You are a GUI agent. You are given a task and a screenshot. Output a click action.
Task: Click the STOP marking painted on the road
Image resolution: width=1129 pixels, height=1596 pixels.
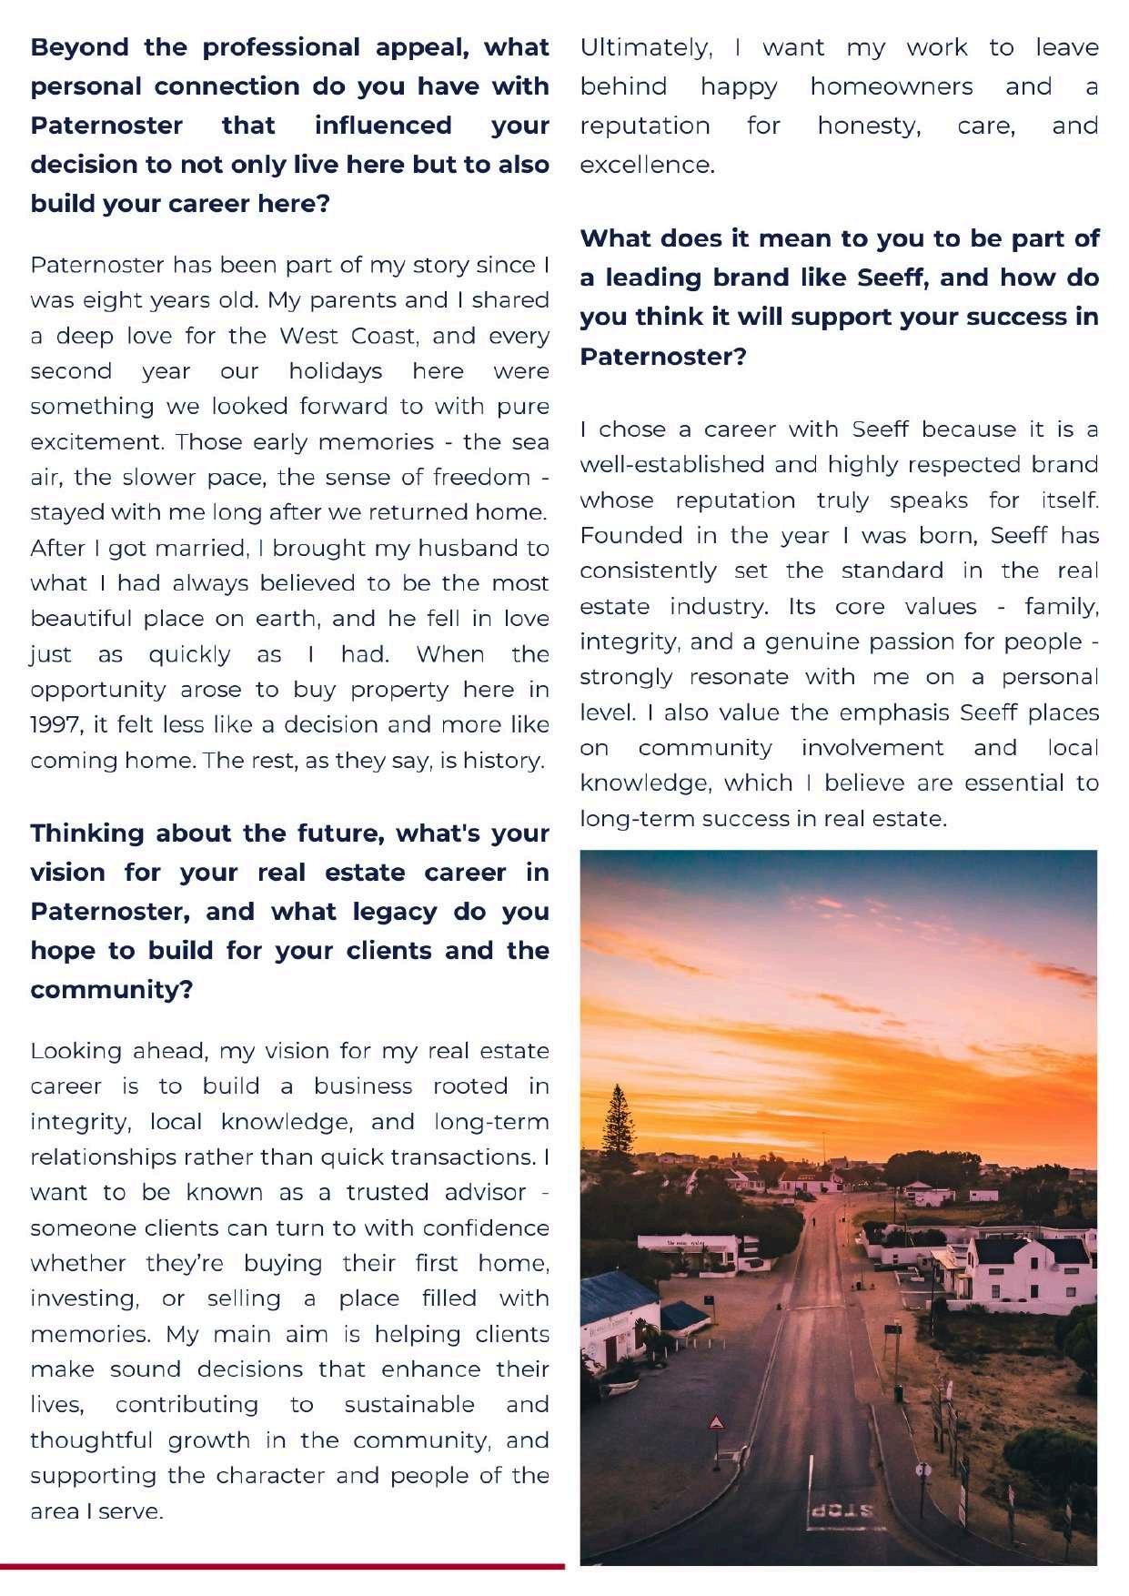842,1511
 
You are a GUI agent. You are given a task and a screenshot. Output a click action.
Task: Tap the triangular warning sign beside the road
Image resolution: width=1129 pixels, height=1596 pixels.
717,1422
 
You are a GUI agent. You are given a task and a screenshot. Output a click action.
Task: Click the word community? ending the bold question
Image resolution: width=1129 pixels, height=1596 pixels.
112,989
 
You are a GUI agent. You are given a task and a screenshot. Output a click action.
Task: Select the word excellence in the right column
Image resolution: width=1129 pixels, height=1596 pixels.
647,165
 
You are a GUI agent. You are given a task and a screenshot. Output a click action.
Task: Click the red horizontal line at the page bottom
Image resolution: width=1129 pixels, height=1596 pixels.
282,1566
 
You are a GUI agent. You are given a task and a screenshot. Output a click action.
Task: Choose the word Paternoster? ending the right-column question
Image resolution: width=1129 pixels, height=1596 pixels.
663,356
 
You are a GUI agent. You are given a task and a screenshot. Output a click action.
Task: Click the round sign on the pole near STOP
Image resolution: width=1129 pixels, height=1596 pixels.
922,1469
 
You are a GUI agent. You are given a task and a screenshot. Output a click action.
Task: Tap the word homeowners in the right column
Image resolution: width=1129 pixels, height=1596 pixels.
891,86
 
